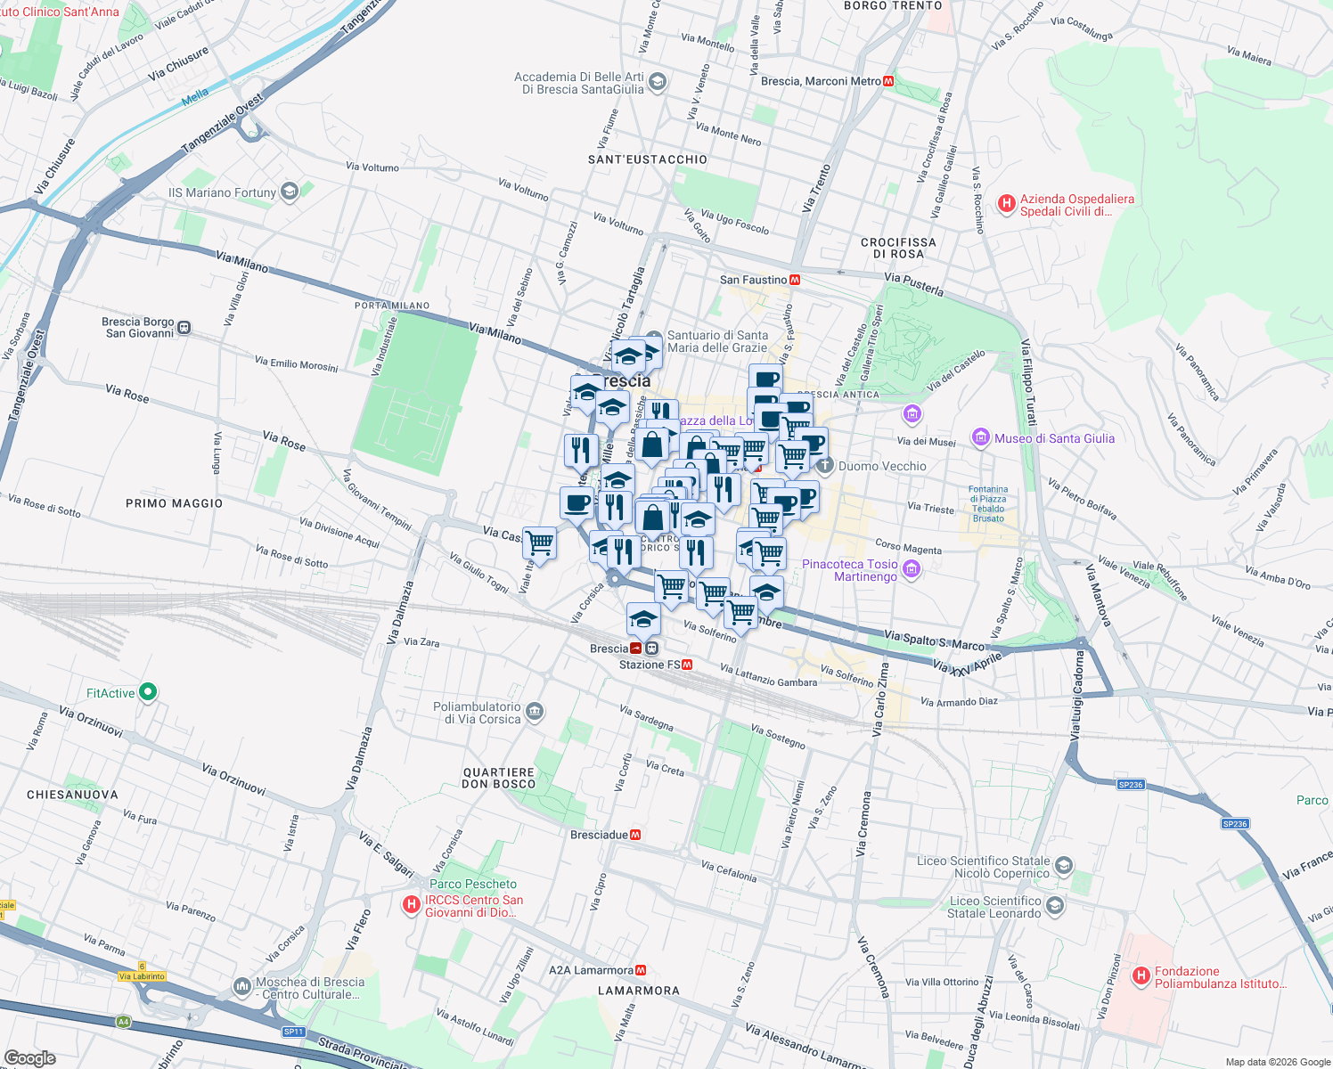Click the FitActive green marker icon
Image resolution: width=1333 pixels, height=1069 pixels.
(x=149, y=692)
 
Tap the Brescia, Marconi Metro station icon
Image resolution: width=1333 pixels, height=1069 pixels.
(x=888, y=81)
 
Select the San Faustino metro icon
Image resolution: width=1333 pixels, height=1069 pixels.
(x=795, y=280)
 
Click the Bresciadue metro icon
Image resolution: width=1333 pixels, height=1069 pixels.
(x=635, y=835)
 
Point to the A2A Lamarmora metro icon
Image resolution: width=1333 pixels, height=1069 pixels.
(x=641, y=970)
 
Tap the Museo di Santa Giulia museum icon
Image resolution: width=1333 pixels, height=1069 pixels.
(x=981, y=437)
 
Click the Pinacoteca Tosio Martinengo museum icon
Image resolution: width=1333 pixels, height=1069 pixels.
(x=911, y=569)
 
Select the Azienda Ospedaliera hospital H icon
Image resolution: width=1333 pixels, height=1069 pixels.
(x=1006, y=204)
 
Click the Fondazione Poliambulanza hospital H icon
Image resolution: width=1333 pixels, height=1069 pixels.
(x=1141, y=976)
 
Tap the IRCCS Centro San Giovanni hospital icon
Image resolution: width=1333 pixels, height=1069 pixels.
(x=411, y=905)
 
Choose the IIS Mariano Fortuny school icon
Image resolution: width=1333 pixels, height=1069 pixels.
(x=289, y=192)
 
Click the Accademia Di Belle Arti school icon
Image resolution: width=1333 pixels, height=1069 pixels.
(x=657, y=83)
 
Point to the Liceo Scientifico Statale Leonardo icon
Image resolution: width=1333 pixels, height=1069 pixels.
(x=1055, y=906)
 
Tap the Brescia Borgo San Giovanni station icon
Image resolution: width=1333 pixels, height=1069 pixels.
(x=184, y=327)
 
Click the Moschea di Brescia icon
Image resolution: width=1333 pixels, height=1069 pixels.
(x=242, y=987)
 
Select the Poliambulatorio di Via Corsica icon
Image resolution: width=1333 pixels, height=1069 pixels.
(x=535, y=711)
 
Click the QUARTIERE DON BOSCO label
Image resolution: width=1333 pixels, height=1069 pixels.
(x=499, y=779)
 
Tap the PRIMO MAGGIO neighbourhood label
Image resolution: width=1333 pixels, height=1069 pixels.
(x=174, y=503)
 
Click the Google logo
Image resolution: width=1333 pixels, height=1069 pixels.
(x=29, y=1058)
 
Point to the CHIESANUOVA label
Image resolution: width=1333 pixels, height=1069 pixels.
(x=72, y=795)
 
